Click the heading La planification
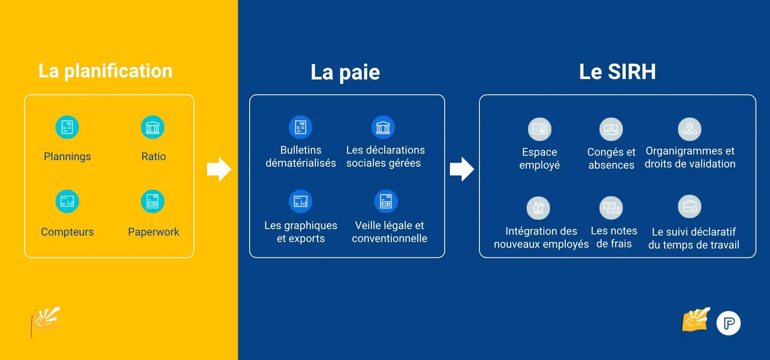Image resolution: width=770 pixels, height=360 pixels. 105,71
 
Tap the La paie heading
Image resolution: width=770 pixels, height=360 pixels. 345,72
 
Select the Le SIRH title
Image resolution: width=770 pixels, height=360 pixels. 617,72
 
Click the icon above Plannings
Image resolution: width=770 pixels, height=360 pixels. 67,127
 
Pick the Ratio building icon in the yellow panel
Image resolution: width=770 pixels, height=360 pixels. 153,127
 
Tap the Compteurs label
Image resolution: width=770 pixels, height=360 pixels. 67,232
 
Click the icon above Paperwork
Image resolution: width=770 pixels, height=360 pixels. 153,201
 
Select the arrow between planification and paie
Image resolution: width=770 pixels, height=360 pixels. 219,169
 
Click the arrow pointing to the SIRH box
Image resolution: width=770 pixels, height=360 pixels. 462,169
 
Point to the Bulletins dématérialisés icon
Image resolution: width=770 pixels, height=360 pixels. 301,127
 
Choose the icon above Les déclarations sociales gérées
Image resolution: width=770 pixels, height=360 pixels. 383,127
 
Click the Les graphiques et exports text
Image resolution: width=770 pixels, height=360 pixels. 301,232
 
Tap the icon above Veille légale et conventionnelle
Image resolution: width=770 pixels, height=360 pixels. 386,201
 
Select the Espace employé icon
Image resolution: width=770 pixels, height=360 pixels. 540,129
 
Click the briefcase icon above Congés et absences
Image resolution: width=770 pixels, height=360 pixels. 611,129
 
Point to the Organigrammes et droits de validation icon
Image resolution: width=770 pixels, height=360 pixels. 690,129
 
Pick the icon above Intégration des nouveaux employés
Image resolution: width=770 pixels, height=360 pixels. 538,208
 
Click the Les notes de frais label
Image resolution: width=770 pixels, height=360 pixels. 614,237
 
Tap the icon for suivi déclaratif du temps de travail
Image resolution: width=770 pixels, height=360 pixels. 690,207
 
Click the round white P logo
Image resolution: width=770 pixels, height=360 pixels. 729,323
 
